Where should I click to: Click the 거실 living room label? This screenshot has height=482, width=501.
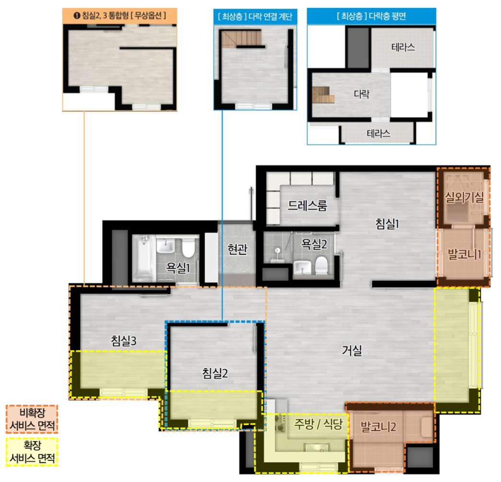pyautogui.click(x=352, y=350)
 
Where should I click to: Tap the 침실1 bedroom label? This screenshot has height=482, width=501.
pyautogui.click(x=387, y=223)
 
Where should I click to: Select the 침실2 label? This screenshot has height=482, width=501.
pyautogui.click(x=215, y=373)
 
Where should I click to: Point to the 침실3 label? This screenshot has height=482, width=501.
pyautogui.click(x=124, y=341)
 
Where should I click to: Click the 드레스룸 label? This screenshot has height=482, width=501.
pyautogui.click(x=308, y=205)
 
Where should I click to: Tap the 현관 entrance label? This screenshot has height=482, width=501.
pyautogui.click(x=238, y=249)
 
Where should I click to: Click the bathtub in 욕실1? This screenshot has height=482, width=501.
pyautogui.click(x=143, y=258)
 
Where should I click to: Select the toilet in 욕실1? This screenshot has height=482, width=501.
pyautogui.click(x=188, y=248)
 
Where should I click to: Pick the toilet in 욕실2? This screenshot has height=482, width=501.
pyautogui.click(x=322, y=265)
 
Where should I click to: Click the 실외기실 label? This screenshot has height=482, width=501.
pyautogui.click(x=464, y=197)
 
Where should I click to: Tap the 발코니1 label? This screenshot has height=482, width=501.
pyautogui.click(x=464, y=254)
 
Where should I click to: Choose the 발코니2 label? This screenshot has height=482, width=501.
pyautogui.click(x=378, y=426)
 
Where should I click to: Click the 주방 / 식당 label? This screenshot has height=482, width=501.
pyautogui.click(x=318, y=424)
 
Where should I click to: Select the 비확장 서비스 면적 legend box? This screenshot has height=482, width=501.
pyautogui.click(x=32, y=419)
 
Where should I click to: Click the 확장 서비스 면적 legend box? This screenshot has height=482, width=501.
pyautogui.click(x=32, y=452)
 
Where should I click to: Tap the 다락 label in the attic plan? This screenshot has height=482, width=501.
pyautogui.click(x=361, y=94)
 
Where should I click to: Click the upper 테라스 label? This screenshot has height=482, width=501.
pyautogui.click(x=403, y=48)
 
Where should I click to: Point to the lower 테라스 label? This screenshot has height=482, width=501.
pyautogui.click(x=378, y=133)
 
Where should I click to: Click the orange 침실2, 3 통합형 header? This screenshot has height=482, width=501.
pyautogui.click(x=119, y=16)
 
